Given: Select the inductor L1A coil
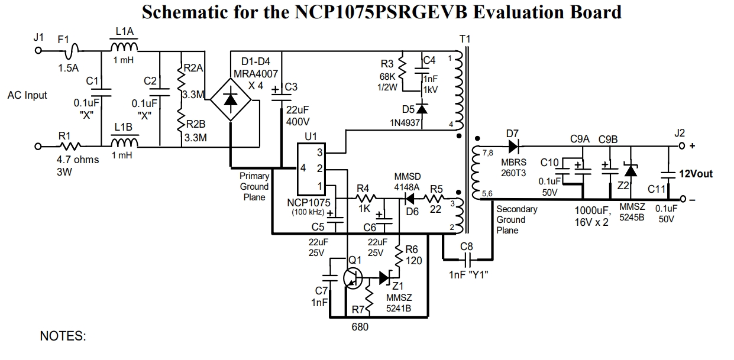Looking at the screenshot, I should click(124, 47).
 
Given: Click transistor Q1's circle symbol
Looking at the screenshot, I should click(354, 278).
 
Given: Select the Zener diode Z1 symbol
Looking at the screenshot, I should click(387, 277).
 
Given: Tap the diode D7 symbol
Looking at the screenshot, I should click(513, 145).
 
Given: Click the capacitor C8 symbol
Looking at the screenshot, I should click(468, 259).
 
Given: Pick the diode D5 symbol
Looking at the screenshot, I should click(422, 109).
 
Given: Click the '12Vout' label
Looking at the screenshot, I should click(696, 174).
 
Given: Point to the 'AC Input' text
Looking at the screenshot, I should click(27, 95).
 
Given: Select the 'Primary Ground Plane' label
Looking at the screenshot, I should click(254, 186).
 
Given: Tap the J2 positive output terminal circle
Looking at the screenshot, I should click(682, 145).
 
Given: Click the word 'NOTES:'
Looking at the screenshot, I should click(63, 336).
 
